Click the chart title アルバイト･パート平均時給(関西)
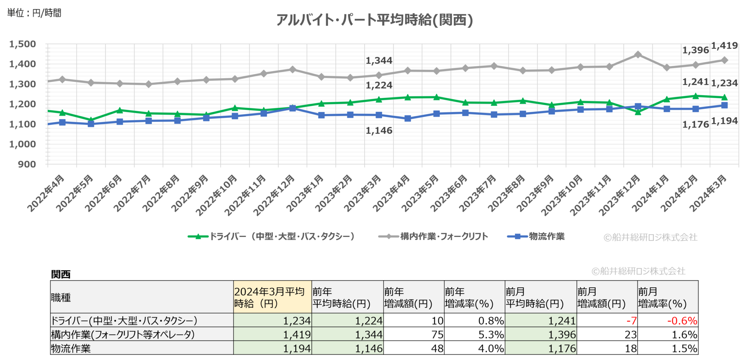(x=374, y=20)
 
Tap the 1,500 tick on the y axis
(x=22, y=44)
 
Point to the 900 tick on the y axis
(x=27, y=164)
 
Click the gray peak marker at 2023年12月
(x=638, y=55)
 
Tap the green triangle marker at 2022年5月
(x=91, y=120)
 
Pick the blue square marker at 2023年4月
(x=408, y=118)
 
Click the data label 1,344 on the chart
(x=379, y=60)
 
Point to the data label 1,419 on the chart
(x=724, y=46)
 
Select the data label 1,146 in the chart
(x=379, y=130)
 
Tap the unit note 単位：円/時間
(x=34, y=13)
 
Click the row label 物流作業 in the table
(x=71, y=348)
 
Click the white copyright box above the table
(x=639, y=271)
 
